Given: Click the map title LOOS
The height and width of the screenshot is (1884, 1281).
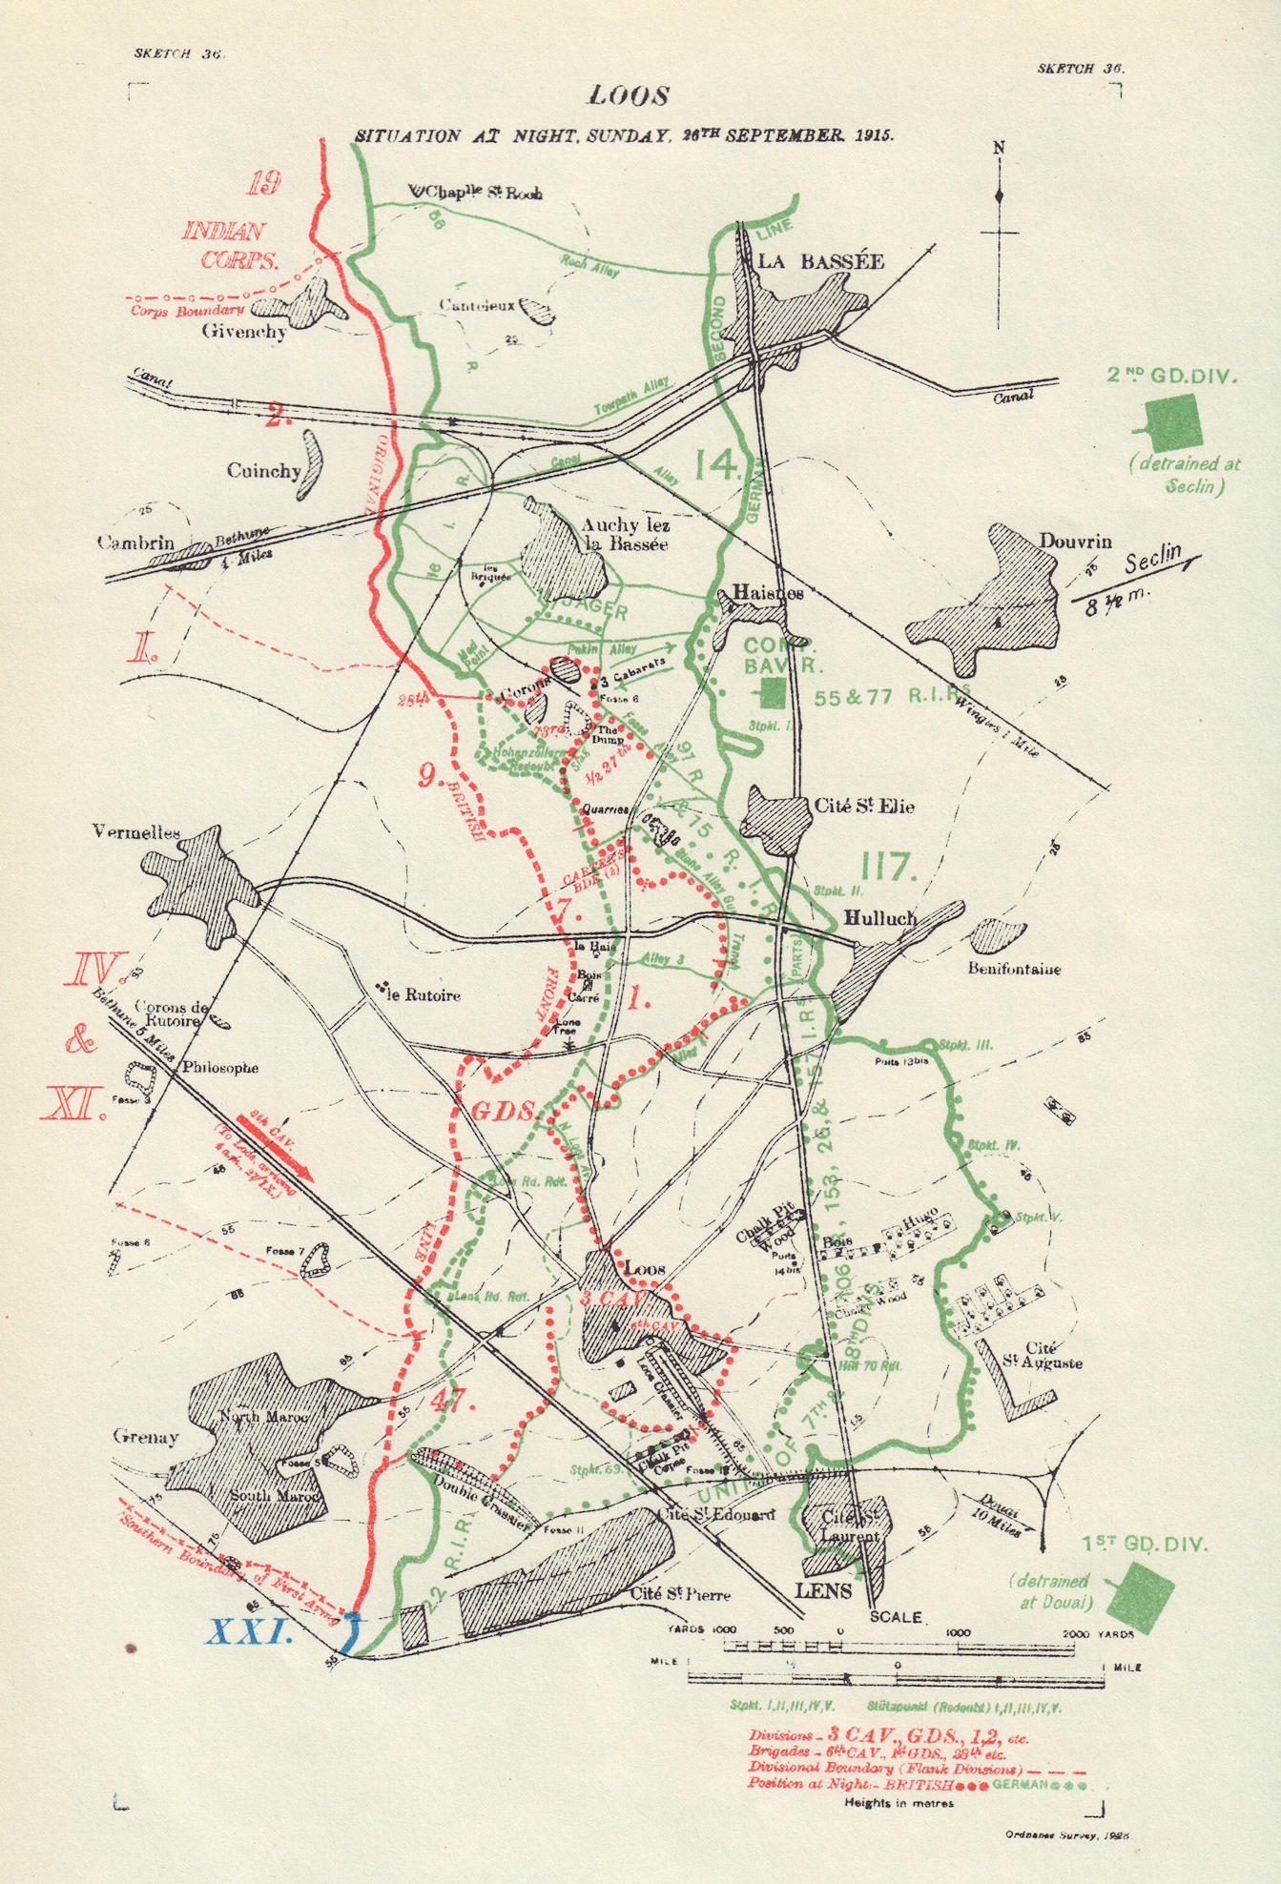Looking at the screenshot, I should click(x=629, y=96).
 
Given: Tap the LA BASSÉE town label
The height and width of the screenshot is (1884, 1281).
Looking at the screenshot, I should click(x=820, y=261).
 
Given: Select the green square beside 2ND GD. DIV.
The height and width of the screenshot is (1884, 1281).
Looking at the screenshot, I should click(x=1172, y=424).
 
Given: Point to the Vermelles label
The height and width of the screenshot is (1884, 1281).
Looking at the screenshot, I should click(x=136, y=832).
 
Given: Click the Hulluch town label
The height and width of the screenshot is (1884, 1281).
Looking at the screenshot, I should click(x=880, y=918).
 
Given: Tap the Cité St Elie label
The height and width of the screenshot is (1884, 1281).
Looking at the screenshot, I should click(x=863, y=807).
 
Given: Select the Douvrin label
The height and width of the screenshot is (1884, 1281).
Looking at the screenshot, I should click(x=1075, y=542).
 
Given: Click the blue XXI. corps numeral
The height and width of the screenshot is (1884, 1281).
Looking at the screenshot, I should click(x=249, y=1632).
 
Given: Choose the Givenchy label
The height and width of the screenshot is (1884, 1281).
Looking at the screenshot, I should click(x=243, y=332).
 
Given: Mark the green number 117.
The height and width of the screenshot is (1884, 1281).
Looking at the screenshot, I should click(x=889, y=867).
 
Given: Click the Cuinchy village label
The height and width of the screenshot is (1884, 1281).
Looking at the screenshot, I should click(x=263, y=471).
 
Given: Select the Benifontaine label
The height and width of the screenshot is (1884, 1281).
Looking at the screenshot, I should click(x=1014, y=970).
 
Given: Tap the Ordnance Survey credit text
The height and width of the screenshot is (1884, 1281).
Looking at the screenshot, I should click(x=1067, y=1834).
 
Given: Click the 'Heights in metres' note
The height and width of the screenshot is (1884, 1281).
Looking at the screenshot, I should click(x=899, y=1803).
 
